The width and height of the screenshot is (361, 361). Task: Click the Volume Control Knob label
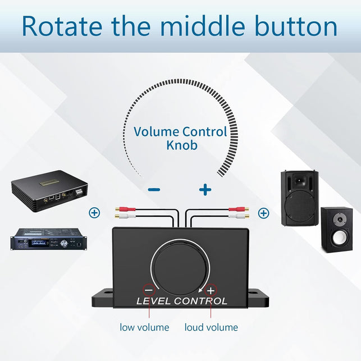tap(180, 138)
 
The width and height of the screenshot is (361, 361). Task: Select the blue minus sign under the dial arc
tap(154, 190)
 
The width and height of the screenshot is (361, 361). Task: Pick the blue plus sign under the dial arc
tap(205, 190)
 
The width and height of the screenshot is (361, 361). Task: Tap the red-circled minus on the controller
tap(149, 290)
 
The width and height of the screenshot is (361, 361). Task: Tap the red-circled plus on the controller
tap(211, 290)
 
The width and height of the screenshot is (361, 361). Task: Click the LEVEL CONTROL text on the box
tap(182, 301)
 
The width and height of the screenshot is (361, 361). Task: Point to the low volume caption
tap(144, 327)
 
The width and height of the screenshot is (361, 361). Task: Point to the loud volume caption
tap(211, 327)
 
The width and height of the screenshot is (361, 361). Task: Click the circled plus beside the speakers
tap(263, 213)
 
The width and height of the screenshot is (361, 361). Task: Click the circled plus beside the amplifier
tap(94, 213)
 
